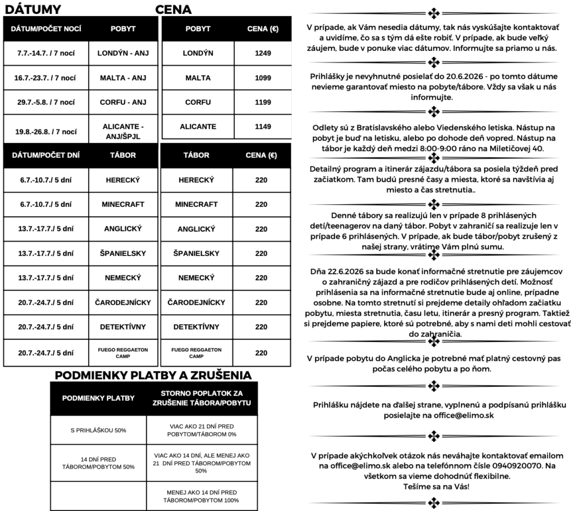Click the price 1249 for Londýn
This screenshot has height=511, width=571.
pos(262,54)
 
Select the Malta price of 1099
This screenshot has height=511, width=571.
pos(262,78)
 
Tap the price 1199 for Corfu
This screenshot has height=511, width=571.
pos(262,103)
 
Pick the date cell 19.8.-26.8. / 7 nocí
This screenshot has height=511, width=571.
pos(46,132)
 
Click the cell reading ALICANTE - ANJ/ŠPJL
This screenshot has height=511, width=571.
pos(123,131)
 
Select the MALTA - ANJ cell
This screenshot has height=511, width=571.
pos(123,78)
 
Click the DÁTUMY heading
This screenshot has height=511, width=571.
pos(32,9)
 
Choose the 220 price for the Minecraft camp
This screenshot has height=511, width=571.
pos(261,205)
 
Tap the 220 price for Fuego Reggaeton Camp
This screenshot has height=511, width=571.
pos(261,353)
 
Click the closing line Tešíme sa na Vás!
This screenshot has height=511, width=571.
pos(435,486)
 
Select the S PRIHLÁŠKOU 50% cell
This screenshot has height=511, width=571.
pos(98,431)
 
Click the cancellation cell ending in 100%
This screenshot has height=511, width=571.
pos(202,496)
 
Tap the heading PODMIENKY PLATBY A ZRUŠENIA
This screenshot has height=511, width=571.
pos(153,375)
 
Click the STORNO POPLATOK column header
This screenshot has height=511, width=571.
pos(202,398)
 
